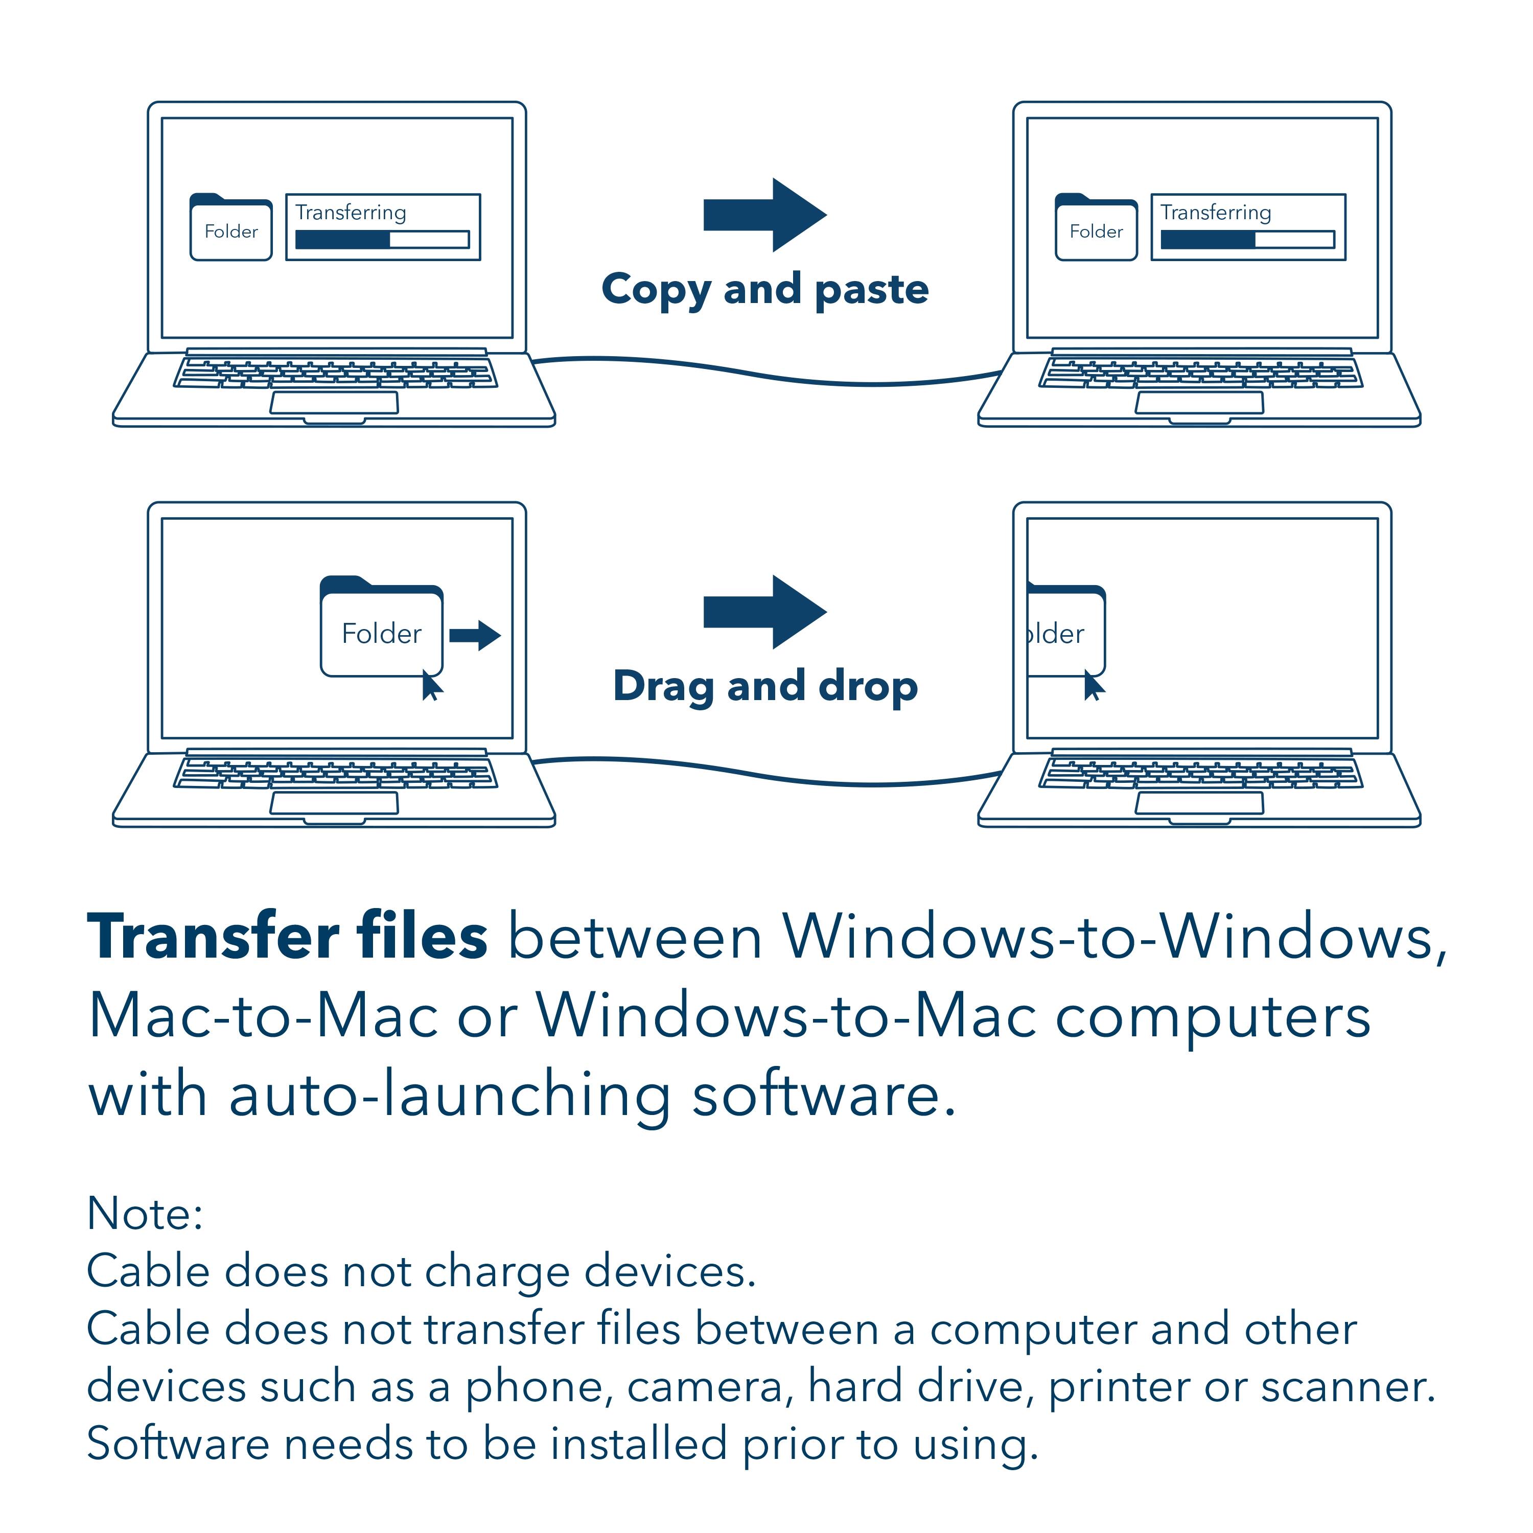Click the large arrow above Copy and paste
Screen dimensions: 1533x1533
tap(763, 215)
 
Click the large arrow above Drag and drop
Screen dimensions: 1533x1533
tap(763, 612)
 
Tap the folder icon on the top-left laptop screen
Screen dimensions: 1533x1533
tap(231, 228)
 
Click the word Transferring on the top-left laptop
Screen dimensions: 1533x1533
tap(351, 213)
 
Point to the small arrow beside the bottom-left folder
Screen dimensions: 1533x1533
tap(475, 635)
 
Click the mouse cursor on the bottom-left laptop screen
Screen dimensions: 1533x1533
tap(432, 686)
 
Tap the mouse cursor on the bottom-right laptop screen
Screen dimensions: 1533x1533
tap(1094, 686)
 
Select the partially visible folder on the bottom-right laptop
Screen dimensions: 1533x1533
tap(1063, 631)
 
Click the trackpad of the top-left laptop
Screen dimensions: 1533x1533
tap(334, 403)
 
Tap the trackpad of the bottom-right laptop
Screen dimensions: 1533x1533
tap(1199, 803)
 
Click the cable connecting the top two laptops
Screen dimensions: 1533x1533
tap(762, 373)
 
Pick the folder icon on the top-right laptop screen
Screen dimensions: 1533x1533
tap(1096, 228)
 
